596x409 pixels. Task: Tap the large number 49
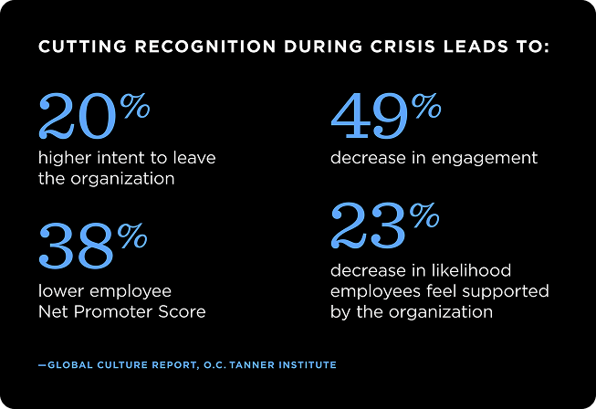pyautogui.click(x=369, y=115)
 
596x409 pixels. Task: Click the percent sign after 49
pyautogui.click(x=425, y=106)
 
